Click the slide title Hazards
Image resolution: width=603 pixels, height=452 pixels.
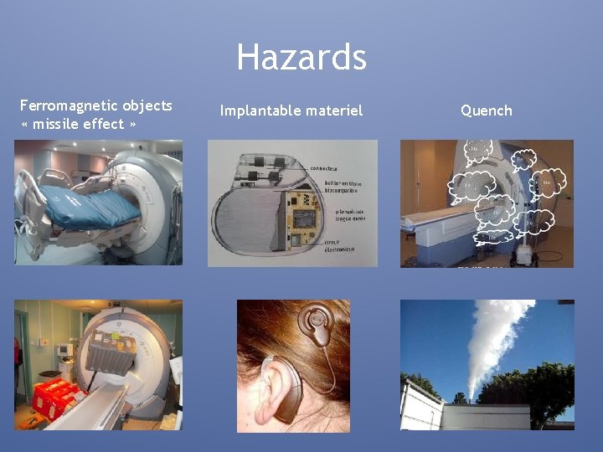click(301, 58)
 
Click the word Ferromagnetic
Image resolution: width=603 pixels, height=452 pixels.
click(70, 105)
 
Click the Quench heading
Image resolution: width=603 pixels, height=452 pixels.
click(486, 110)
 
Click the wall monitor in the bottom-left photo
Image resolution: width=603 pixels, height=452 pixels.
click(62, 352)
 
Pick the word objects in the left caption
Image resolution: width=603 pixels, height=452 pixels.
click(147, 105)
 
